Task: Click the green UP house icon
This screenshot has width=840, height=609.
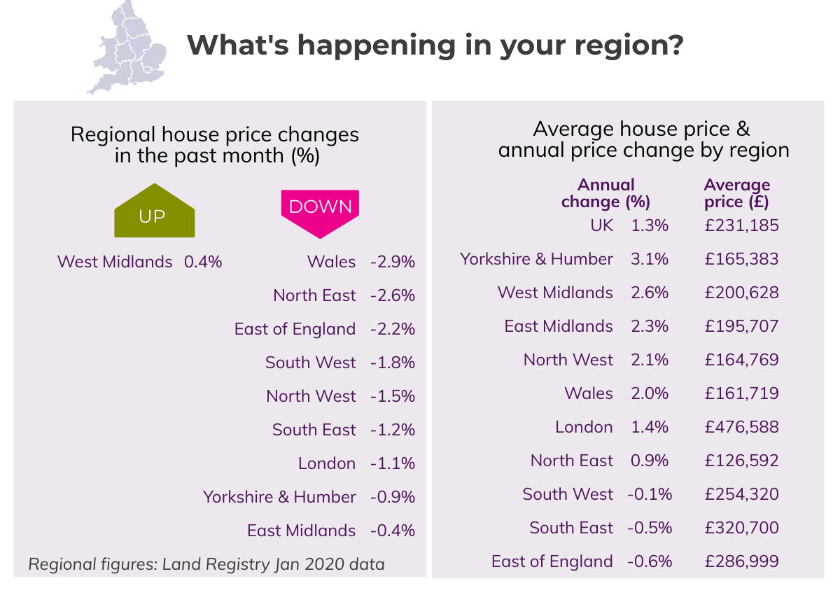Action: click(154, 211)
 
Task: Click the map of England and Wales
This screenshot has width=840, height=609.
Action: click(128, 46)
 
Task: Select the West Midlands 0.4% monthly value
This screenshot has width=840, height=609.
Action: click(203, 262)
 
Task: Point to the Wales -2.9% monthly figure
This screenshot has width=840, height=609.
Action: click(393, 262)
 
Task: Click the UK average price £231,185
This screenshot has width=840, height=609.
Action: click(742, 225)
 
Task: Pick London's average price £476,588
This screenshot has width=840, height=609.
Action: click(742, 427)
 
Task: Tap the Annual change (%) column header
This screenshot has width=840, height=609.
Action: click(606, 194)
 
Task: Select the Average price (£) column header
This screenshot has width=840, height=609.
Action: click(736, 194)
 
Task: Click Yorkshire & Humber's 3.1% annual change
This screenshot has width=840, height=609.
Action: click(650, 259)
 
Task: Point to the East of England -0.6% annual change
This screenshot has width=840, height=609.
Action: click(650, 561)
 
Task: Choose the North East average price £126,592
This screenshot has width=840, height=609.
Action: click(742, 461)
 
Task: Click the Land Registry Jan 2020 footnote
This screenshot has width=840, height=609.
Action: click(206, 563)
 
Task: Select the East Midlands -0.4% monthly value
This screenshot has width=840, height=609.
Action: click(393, 531)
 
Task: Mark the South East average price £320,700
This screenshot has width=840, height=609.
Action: click(742, 528)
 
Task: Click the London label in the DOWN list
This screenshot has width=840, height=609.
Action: click(327, 463)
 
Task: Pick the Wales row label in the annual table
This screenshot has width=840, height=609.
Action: click(589, 393)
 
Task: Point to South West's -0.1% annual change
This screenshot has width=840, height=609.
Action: click(650, 494)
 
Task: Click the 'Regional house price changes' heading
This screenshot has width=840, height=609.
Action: click(215, 134)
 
